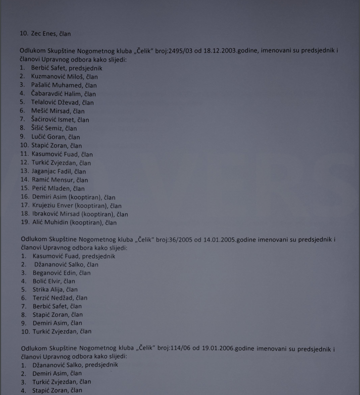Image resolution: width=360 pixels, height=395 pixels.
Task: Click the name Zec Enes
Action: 44,34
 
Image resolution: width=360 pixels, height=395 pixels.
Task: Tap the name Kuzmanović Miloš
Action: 57,77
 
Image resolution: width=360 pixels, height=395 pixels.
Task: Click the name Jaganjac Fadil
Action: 52,172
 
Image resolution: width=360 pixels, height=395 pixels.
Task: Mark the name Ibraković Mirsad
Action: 56,214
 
